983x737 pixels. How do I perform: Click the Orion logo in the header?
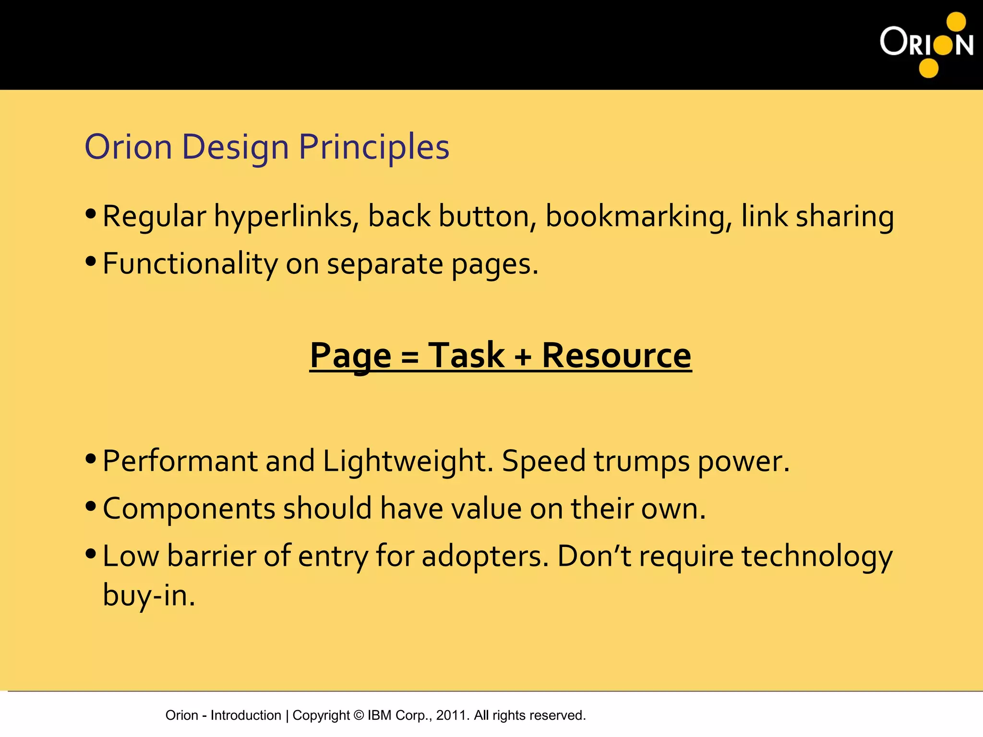pos(926,45)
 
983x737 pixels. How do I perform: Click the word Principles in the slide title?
pos(374,147)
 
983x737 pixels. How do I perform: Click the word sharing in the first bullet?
pos(845,217)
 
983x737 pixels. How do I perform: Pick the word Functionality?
pos(190,264)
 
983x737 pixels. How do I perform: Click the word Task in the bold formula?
pos(466,356)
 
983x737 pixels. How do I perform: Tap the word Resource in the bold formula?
pos(616,356)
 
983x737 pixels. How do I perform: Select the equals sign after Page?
pos(410,358)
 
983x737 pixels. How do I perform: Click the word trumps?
pos(642,462)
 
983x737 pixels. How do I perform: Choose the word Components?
pos(189,509)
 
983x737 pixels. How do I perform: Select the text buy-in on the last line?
pos(149,596)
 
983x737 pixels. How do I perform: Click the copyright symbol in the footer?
pos(359,715)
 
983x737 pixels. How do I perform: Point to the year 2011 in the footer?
pos(451,715)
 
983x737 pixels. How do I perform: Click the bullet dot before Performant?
pos(91,459)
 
